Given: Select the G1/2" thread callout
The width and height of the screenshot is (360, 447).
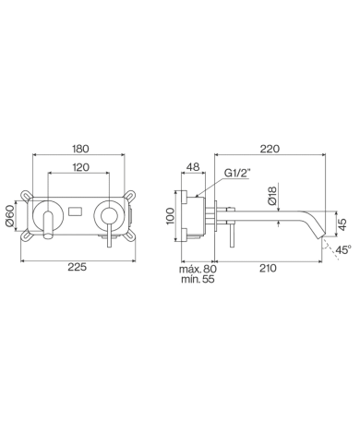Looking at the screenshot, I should [241, 172].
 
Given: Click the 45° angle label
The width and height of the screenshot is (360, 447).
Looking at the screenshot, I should [342, 249].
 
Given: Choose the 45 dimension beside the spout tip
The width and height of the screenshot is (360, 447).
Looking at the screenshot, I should [342, 222].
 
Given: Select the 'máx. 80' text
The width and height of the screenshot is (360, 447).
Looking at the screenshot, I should [198, 269].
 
